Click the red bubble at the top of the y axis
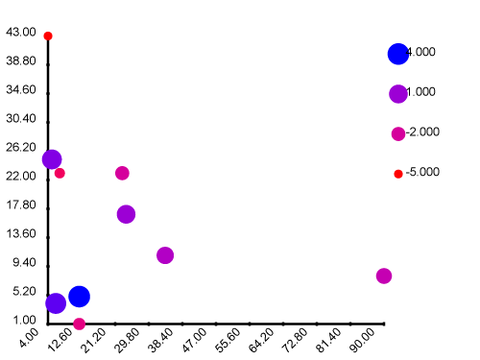(48, 36)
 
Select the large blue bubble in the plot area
(79, 297)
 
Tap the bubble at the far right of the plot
(384, 276)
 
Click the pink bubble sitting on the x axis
(79, 324)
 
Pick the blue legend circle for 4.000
(398, 54)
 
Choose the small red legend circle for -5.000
(398, 174)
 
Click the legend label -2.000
(422, 132)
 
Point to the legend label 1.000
(421, 92)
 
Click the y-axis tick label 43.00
(21, 32)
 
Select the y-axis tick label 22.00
(21, 176)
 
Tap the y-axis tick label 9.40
(24, 262)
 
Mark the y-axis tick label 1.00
(24, 320)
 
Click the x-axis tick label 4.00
(29, 338)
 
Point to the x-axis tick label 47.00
(194, 340)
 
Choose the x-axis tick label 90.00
(362, 340)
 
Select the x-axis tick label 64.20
(261, 340)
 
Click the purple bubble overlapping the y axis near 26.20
(52, 159)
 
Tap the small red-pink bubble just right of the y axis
(60, 173)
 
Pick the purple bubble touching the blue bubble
(56, 303)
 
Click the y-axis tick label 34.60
(21, 89)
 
